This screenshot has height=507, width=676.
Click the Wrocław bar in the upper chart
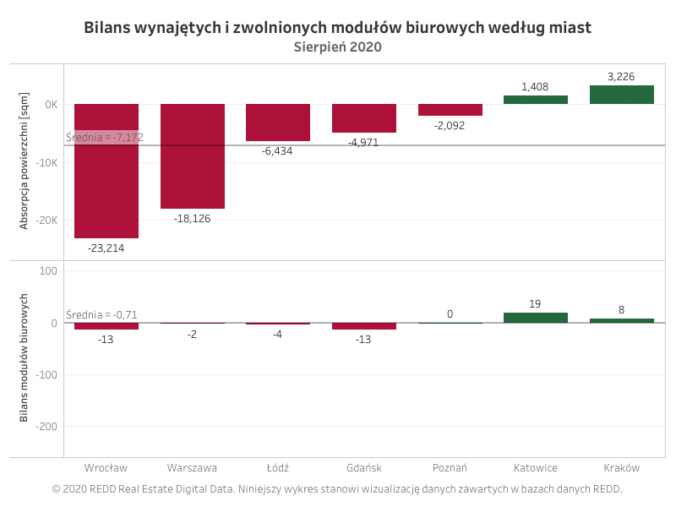click(x=106, y=171)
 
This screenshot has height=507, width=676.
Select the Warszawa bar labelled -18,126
click(x=193, y=156)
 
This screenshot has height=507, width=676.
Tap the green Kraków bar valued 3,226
click(x=622, y=95)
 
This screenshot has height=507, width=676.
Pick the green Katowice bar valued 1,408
click(x=536, y=100)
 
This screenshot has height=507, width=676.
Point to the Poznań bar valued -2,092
click(x=450, y=110)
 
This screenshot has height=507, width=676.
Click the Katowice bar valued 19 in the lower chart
click(x=536, y=318)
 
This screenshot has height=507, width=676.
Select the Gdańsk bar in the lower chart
click(x=364, y=326)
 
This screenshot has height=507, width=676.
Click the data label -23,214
click(x=106, y=248)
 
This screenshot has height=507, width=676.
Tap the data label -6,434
click(x=277, y=151)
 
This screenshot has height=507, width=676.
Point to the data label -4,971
click(x=363, y=143)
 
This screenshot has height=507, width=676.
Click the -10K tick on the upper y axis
click(x=46, y=163)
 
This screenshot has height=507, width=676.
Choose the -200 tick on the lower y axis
click(x=46, y=427)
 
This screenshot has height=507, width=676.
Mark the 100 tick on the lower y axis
click(x=48, y=271)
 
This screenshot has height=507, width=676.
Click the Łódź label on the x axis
click(x=278, y=468)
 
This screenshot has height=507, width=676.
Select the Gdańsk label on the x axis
click(x=364, y=468)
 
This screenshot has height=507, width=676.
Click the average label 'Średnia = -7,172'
click(x=105, y=138)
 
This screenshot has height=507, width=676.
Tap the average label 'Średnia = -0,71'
click(x=101, y=314)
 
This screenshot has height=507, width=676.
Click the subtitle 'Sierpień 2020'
click(x=337, y=47)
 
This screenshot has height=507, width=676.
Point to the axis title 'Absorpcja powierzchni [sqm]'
click(x=24, y=161)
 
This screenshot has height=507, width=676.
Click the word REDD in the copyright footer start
click(x=102, y=489)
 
